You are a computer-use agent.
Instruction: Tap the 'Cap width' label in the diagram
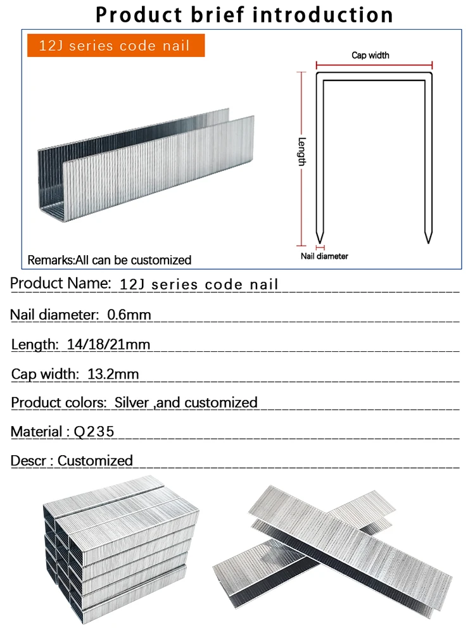pos(370,56)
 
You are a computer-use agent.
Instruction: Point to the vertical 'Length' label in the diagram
pos(302,152)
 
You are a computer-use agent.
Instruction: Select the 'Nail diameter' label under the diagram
pos(324,256)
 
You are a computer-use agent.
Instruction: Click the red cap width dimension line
pos(374,64)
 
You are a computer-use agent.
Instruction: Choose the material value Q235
pos(94,432)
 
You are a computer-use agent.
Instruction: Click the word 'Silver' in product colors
pos(132,403)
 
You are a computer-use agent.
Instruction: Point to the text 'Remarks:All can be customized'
pos(110,260)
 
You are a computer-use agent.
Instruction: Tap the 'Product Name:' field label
pos(61,284)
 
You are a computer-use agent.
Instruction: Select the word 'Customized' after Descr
pos(95,461)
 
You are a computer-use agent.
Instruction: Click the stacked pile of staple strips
pos(117,548)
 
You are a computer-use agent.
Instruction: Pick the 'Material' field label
pos(36,432)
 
